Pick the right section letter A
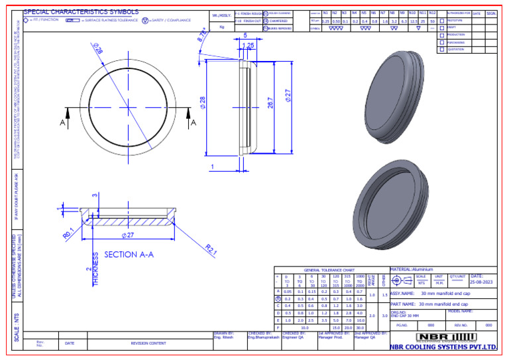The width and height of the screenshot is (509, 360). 194,123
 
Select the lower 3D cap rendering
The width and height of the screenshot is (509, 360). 390,208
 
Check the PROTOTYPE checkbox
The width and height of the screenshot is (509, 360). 442,20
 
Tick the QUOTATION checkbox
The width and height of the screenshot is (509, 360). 442,49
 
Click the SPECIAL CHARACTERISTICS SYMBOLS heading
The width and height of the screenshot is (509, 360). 82,12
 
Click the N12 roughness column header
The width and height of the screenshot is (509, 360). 432,13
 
